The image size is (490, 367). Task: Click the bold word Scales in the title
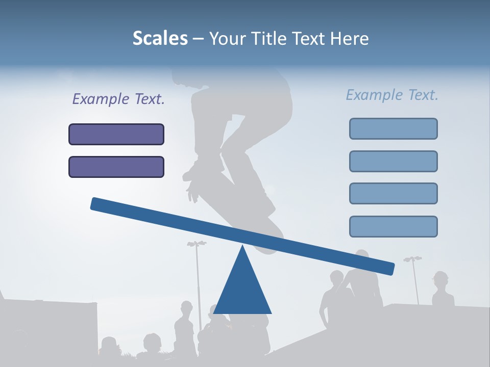tap(160, 38)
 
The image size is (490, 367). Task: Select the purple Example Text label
tap(118, 99)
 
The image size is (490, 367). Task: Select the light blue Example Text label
tap(392, 95)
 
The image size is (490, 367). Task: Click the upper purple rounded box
tap(116, 135)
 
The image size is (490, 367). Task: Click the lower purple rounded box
tap(116, 167)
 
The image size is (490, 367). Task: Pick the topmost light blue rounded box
tap(394, 128)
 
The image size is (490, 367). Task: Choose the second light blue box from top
tap(394, 161)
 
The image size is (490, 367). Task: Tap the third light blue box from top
tap(394, 194)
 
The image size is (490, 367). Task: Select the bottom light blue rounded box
tap(394, 226)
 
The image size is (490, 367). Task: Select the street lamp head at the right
tap(412, 259)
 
